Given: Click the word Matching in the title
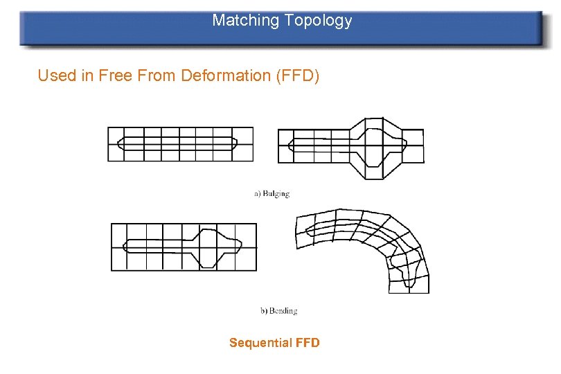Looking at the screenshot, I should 244,21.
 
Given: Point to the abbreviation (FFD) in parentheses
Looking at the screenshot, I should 298,75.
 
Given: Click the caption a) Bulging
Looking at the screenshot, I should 271,194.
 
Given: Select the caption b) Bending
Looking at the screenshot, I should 278,311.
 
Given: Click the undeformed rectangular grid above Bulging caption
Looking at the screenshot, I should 180,144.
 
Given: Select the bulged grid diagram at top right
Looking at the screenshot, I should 350,148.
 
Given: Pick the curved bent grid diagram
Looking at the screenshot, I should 367,242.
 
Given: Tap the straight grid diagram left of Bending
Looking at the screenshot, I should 184,247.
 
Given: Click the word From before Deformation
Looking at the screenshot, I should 157,75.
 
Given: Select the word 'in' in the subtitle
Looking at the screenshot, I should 88,75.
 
